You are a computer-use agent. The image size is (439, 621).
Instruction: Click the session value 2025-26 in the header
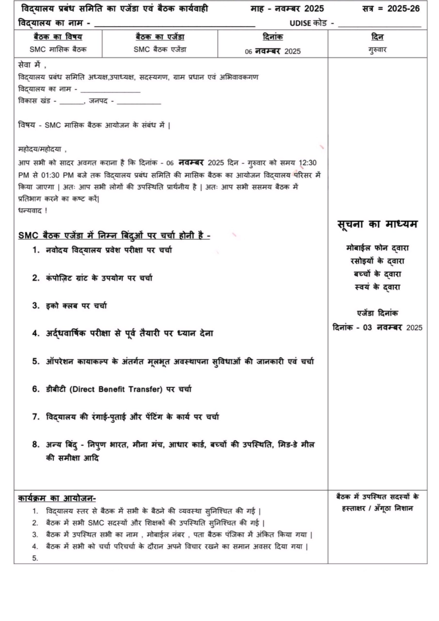403,9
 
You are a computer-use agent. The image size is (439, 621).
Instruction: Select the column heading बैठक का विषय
58,37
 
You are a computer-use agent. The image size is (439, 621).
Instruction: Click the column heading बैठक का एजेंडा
160,37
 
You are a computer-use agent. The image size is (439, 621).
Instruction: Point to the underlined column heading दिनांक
273,37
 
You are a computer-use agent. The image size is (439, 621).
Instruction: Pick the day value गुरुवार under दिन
377,50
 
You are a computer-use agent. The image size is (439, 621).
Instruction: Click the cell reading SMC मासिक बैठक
58,49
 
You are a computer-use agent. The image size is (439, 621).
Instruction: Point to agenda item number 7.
36,417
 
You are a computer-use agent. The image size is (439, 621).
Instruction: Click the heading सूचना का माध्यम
377,224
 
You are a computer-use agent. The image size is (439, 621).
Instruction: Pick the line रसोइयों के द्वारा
377,261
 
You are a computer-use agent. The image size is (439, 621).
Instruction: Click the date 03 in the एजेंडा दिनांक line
367,327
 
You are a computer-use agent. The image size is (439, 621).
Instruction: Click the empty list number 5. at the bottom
35,558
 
